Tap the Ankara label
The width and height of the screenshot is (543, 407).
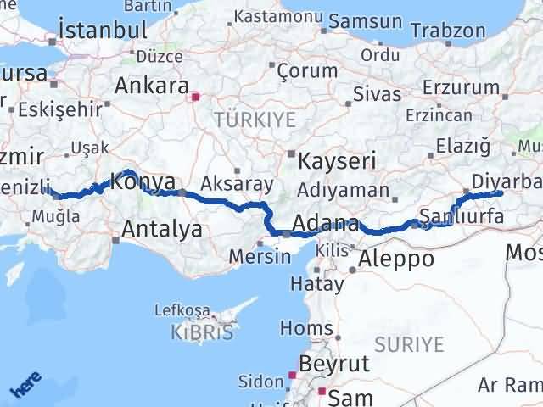point(152,86)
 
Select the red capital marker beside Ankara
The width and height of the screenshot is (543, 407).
point(196,97)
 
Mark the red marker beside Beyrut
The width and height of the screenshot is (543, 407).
point(292,374)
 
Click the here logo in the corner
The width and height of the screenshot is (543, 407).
point(25,385)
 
